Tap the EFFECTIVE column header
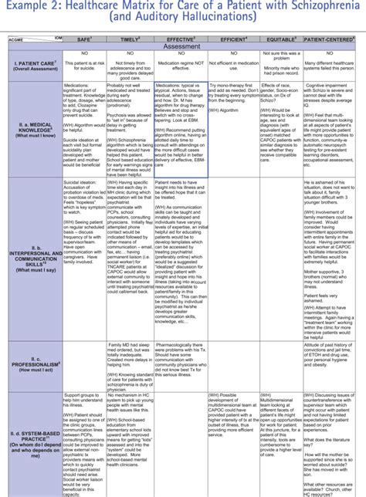coord(180,37)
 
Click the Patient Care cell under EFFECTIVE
coord(180,64)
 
